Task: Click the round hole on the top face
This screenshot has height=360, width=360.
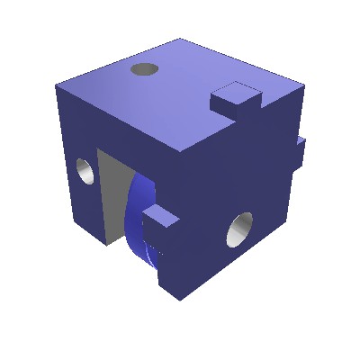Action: [144, 68]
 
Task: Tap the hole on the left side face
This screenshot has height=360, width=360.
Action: [84, 170]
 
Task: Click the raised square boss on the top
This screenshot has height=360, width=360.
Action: [238, 95]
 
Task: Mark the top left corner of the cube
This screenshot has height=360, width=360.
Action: [56, 86]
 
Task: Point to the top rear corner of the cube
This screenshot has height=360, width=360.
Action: [180, 39]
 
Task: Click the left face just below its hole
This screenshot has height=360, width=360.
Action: [85, 202]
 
